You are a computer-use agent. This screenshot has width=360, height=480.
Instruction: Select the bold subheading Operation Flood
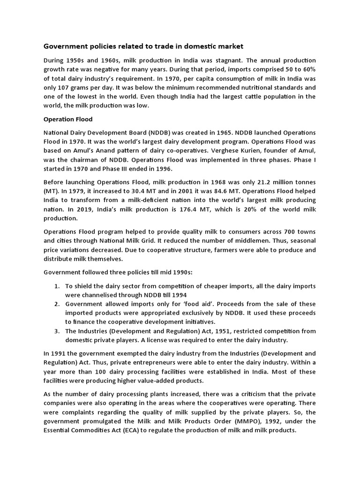[68, 119]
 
